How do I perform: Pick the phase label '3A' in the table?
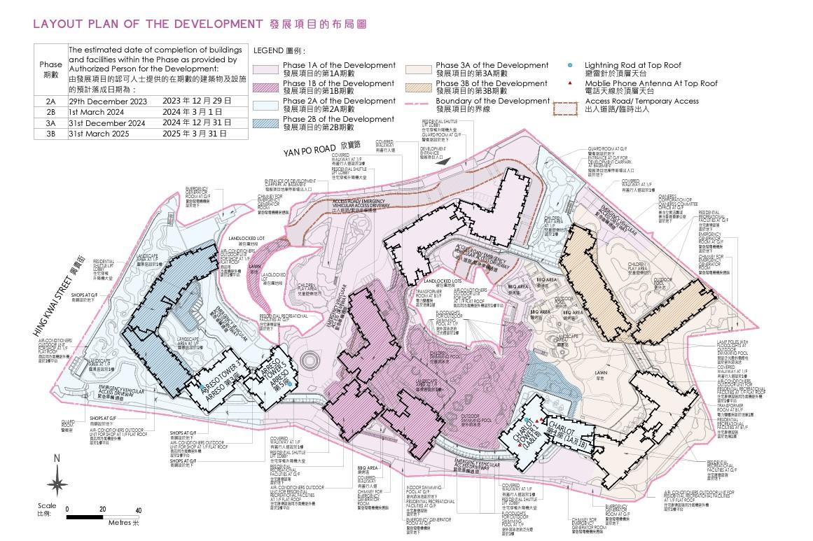click(x=50, y=123)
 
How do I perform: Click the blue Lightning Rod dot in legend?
click(x=569, y=65)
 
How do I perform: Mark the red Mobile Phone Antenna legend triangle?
click(x=569, y=83)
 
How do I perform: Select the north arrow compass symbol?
click(x=57, y=483)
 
